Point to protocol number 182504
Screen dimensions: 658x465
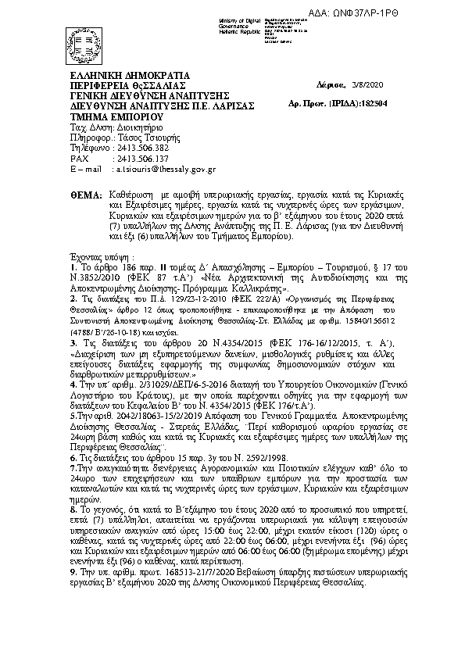[x=374, y=102]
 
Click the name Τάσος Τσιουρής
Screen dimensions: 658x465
[x=131, y=135]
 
